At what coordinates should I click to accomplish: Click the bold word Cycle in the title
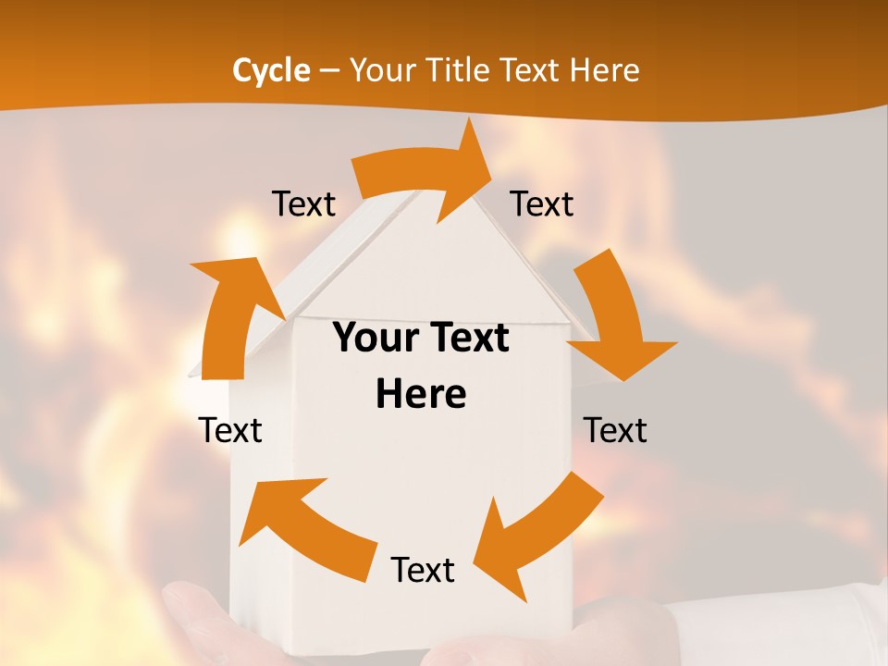pyautogui.click(x=271, y=70)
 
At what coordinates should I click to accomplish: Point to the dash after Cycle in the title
pyautogui.click(x=328, y=70)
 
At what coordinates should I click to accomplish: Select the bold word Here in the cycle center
pyautogui.click(x=421, y=394)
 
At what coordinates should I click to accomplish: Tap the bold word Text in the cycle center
pyautogui.click(x=462, y=339)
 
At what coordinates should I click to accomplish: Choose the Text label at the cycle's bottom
pyautogui.click(x=423, y=570)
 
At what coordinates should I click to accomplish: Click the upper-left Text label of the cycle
pyautogui.click(x=303, y=203)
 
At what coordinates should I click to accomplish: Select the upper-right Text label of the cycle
pyautogui.click(x=542, y=203)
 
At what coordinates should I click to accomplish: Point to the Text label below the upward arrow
pyautogui.click(x=230, y=430)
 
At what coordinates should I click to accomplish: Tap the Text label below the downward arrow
pyautogui.click(x=615, y=430)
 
